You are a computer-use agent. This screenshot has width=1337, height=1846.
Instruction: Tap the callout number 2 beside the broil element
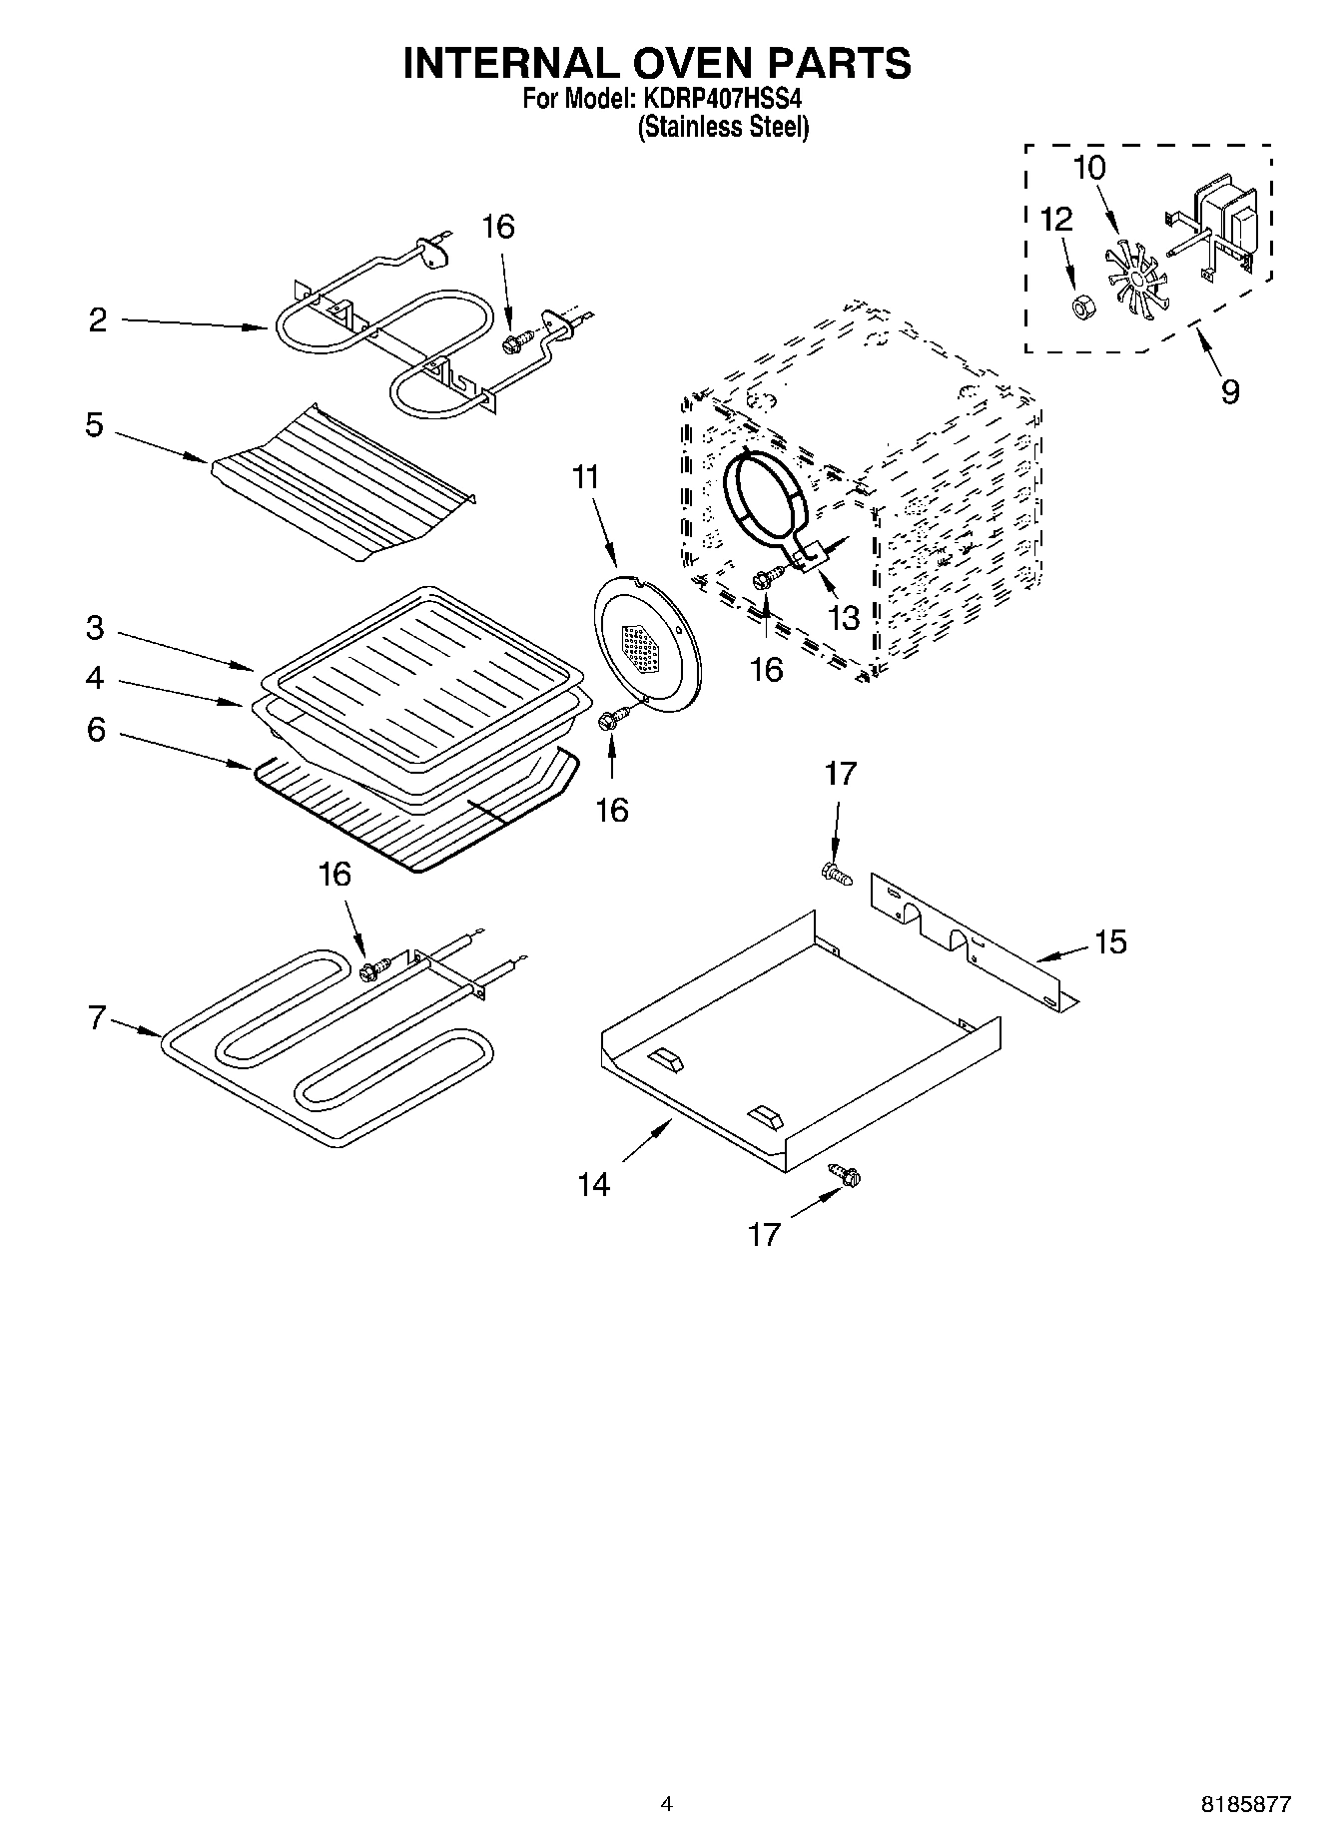[x=98, y=320]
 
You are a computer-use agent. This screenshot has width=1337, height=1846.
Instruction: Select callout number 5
[x=94, y=425]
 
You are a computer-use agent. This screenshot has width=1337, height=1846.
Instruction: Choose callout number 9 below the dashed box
[x=1230, y=390]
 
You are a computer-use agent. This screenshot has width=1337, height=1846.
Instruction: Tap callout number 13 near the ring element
[x=844, y=618]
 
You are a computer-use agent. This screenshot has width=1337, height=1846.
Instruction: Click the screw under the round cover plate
[x=613, y=719]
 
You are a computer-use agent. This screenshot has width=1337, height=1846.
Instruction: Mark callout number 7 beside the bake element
[x=97, y=1019]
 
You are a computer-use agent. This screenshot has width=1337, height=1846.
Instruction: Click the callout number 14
[x=593, y=1184]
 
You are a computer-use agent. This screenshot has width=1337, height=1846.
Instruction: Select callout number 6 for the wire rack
[x=96, y=730]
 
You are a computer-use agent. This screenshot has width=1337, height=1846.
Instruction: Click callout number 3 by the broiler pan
[x=95, y=628]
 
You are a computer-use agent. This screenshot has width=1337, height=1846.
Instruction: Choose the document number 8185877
[x=1245, y=1804]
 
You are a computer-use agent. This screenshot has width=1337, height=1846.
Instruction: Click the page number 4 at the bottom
[x=668, y=1804]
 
